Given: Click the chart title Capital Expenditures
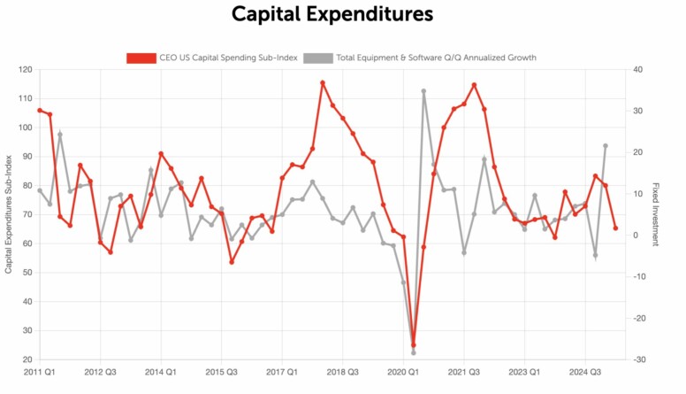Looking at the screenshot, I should (332, 15).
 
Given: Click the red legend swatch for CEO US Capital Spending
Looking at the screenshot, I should (141, 58).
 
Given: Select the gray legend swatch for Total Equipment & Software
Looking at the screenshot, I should (318, 58).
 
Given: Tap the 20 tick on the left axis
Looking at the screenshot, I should (27, 359).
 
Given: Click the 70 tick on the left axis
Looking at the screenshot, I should (27, 215).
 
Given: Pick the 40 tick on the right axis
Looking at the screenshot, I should (636, 70).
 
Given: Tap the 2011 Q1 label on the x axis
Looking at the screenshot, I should (40, 373).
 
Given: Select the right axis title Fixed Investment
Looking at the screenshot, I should (656, 215).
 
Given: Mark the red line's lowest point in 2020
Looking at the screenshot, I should (413, 345).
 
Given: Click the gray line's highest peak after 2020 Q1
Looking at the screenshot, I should (423, 91).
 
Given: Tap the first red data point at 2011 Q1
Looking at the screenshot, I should (40, 111).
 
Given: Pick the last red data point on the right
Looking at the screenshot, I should (615, 228).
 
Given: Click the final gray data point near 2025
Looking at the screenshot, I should (606, 145).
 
